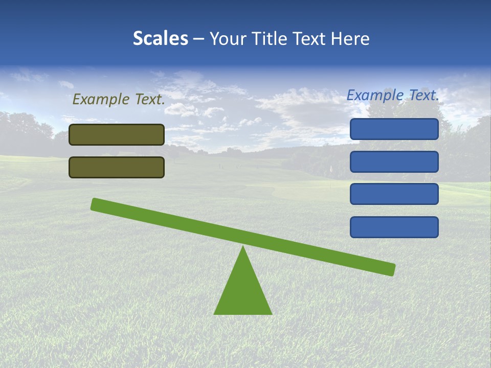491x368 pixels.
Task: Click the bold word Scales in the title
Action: (160, 38)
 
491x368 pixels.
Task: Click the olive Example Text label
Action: (119, 100)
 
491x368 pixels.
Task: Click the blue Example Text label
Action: (393, 95)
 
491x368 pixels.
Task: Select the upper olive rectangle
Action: (117, 134)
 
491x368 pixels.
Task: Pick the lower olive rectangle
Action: (117, 167)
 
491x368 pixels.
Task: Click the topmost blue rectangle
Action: (394, 129)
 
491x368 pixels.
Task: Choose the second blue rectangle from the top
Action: (394, 162)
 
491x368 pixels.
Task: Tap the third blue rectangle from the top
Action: (394, 194)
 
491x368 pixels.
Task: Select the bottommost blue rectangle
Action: (394, 227)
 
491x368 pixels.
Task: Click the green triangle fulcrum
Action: (243, 291)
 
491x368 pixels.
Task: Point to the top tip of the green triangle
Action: (243, 247)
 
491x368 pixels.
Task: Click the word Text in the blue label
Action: (422, 95)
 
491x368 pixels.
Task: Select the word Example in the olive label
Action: (101, 100)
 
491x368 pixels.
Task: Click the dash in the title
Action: (199, 39)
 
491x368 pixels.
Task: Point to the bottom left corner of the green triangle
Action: (215, 313)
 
